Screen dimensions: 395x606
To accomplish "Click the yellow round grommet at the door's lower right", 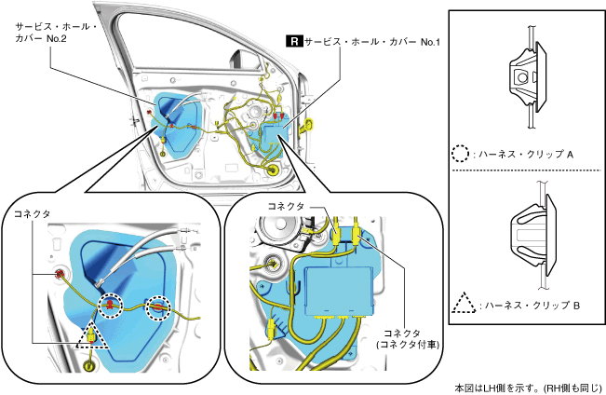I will click(273, 170).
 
